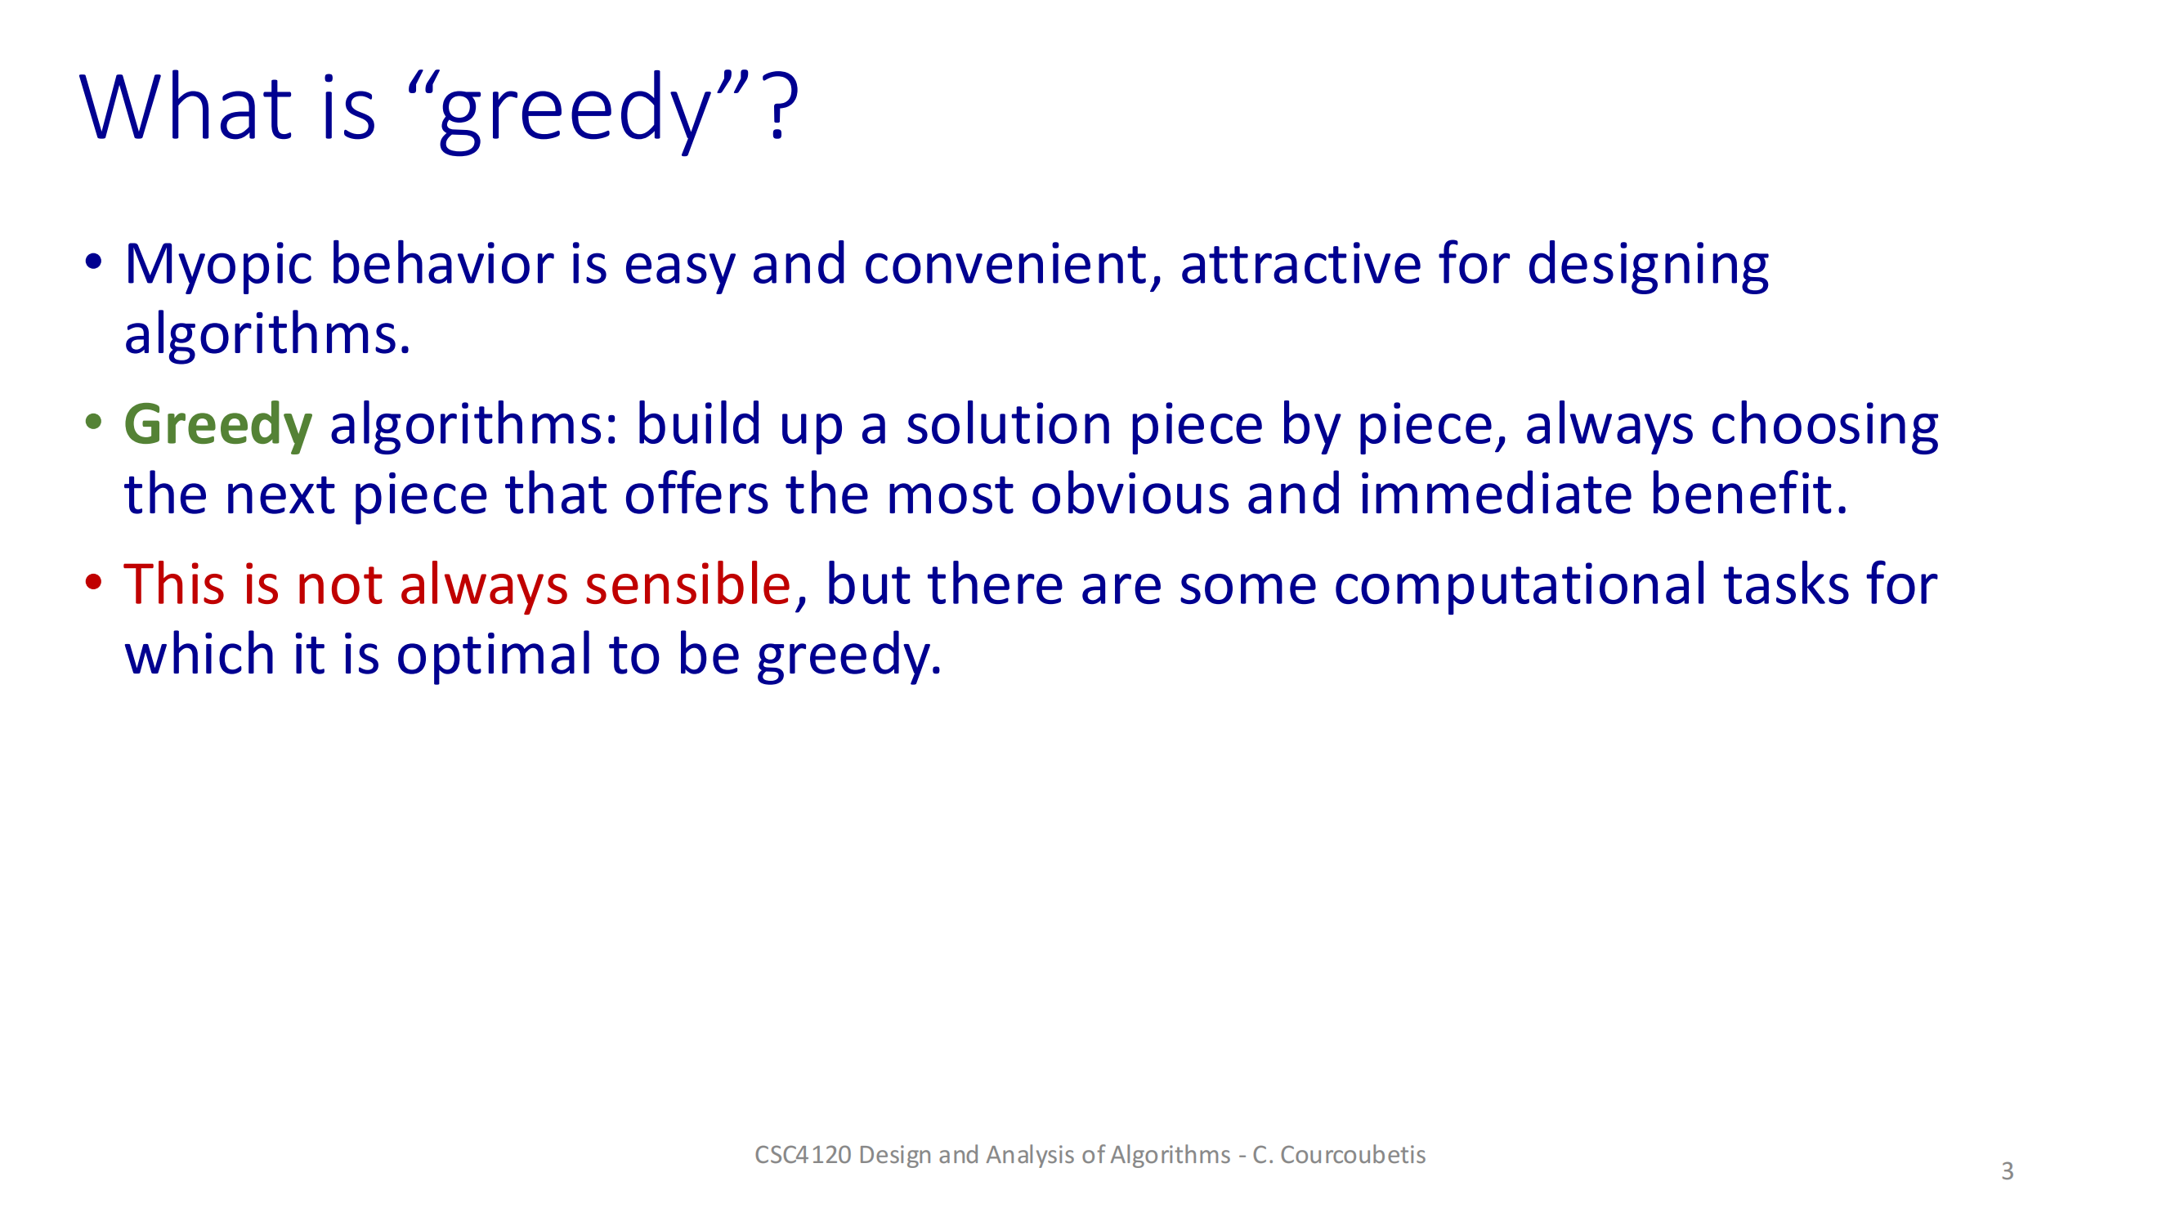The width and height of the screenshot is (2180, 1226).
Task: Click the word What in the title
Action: pos(186,109)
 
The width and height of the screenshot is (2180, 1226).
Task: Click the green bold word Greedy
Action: pos(217,426)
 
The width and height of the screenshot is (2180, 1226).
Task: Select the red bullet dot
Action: pos(93,581)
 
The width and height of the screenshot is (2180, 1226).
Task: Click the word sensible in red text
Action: pos(687,584)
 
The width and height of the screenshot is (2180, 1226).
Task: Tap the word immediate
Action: pos(1494,495)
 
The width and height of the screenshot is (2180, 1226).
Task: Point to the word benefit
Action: pos(1748,495)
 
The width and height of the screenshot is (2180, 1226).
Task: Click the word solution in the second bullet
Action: pos(1008,425)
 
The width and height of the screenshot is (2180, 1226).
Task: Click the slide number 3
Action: pos(2007,1172)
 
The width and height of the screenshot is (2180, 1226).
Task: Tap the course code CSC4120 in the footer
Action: pos(802,1155)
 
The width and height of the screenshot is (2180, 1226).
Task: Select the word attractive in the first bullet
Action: pos(1300,264)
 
